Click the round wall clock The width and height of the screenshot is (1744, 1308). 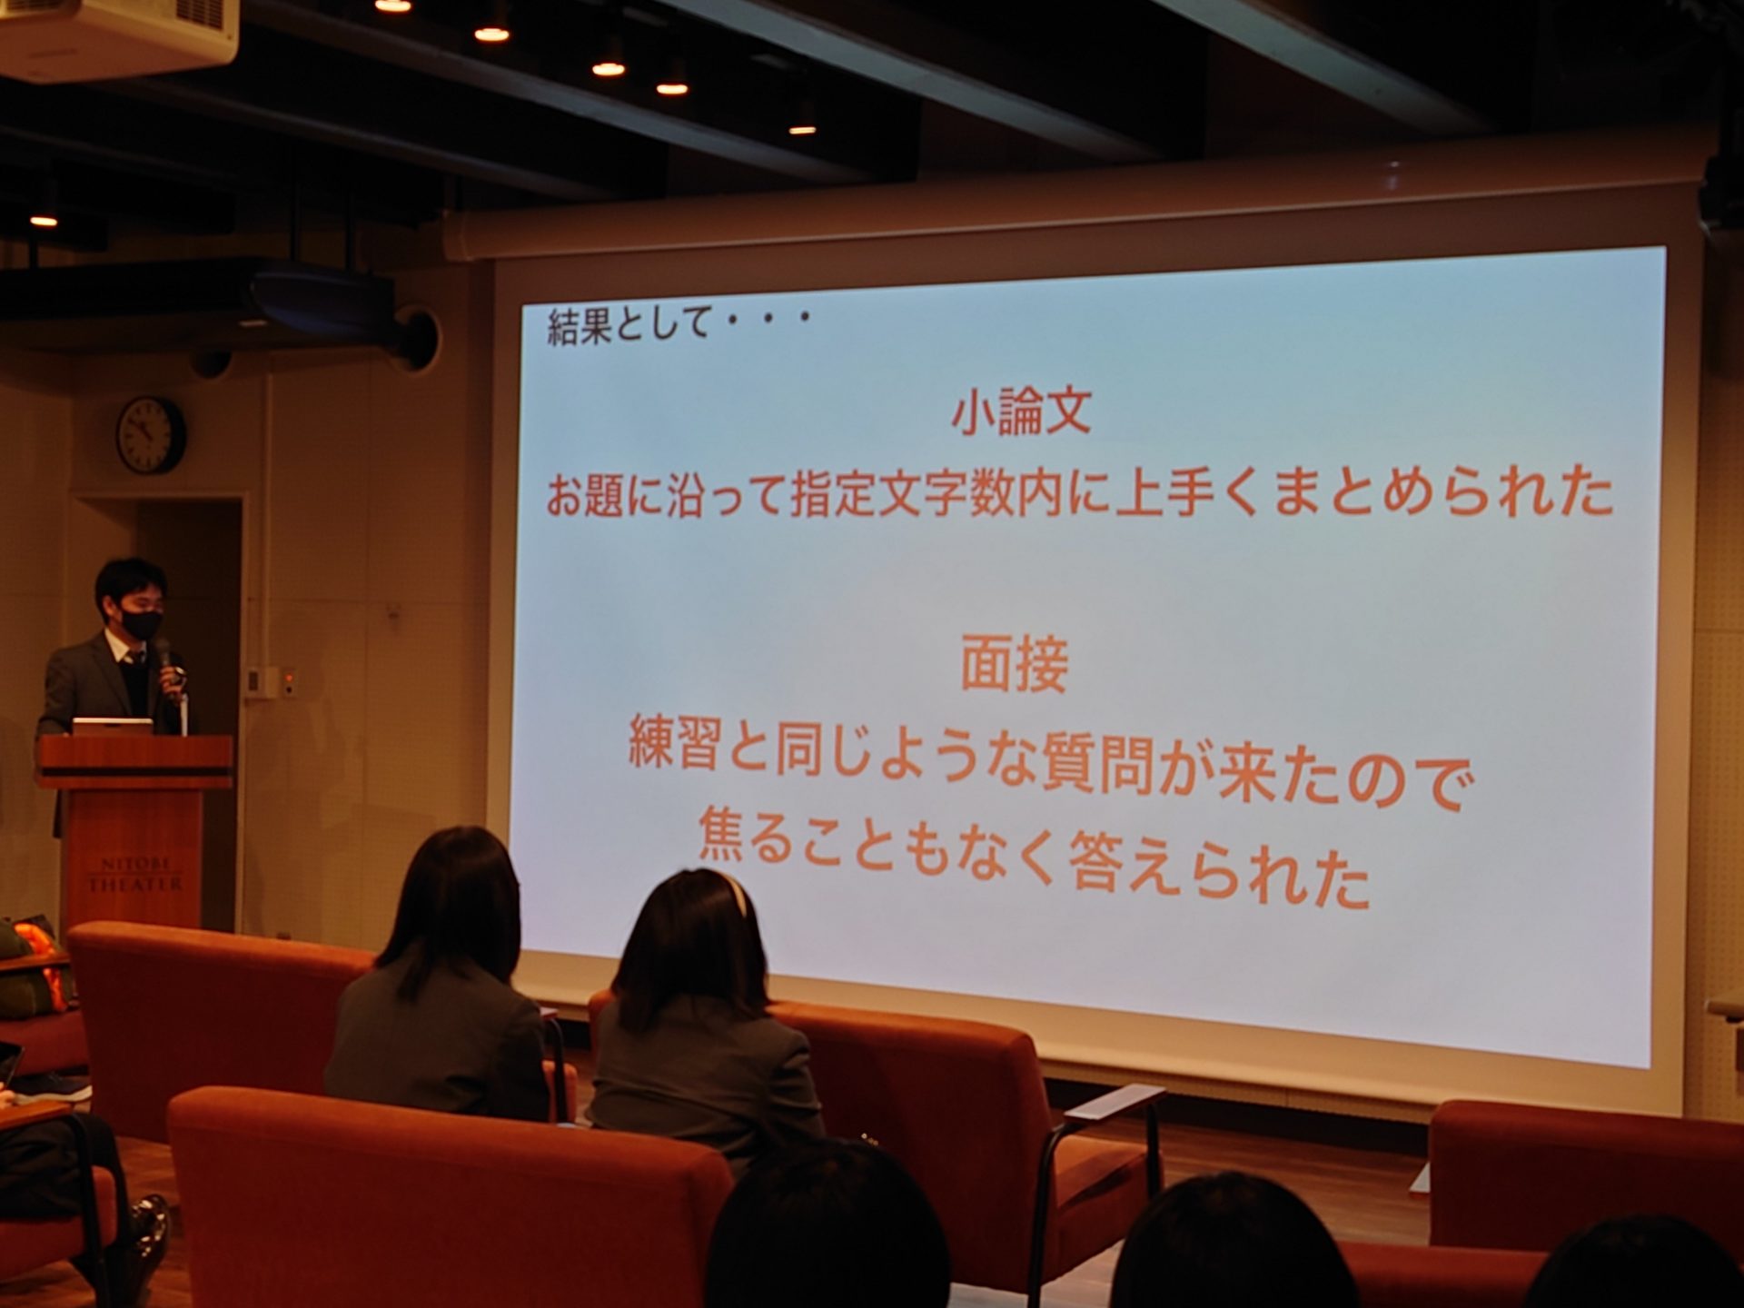coord(151,435)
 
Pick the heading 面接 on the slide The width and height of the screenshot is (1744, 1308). coord(1015,665)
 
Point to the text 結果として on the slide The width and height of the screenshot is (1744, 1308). coord(628,324)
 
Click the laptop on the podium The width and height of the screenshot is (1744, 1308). coord(113,727)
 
